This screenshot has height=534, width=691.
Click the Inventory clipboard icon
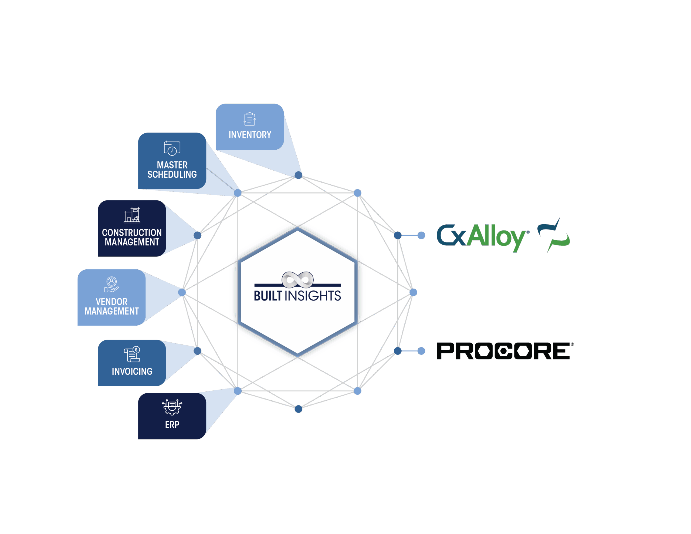click(250, 119)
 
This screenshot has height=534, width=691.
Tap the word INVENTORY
click(250, 135)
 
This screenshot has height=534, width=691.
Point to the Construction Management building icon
click(132, 215)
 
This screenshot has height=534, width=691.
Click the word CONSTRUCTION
click(132, 233)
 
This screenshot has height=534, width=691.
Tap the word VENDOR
click(111, 302)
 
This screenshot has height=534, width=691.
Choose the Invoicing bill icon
click(132, 354)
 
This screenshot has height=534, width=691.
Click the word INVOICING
click(132, 371)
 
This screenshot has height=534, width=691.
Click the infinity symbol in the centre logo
click(297, 279)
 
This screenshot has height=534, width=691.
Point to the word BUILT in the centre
click(268, 296)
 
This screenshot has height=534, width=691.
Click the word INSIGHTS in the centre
click(313, 296)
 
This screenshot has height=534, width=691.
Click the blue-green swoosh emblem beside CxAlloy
click(554, 235)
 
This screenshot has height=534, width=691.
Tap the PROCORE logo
click(505, 351)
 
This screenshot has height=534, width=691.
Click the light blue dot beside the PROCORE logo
click(421, 351)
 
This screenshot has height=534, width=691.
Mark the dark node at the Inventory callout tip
click(298, 175)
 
